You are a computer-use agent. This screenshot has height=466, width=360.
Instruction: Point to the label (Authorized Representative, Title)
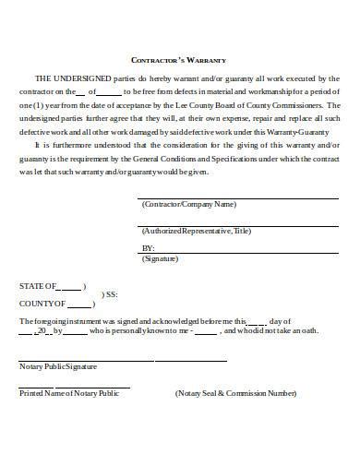[x=197, y=232]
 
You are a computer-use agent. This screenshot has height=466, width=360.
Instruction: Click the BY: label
[x=149, y=249]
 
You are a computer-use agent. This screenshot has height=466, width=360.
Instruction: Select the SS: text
[x=112, y=294]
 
